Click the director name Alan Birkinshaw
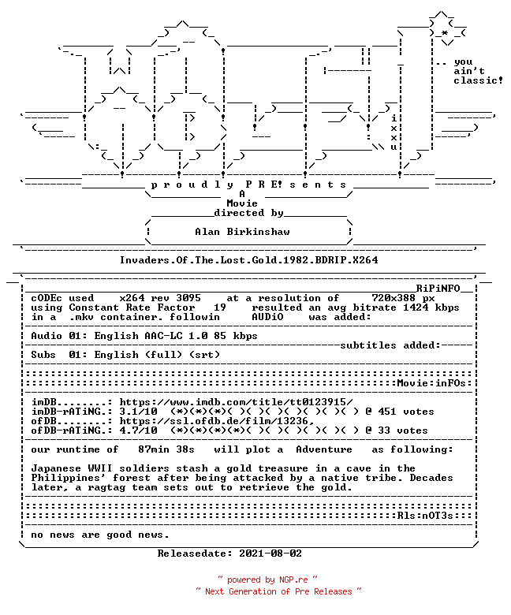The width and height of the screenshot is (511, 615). tap(242, 232)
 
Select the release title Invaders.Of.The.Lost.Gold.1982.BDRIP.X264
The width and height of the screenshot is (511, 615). tap(249, 260)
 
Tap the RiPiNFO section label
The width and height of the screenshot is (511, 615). tap(438, 289)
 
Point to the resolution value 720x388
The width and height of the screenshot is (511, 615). tap(394, 298)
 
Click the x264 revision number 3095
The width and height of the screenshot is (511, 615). tap(188, 298)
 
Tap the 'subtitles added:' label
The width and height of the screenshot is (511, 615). tap(390, 345)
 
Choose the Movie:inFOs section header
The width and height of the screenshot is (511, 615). tap(431, 383)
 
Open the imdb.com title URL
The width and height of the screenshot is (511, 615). tap(236, 402)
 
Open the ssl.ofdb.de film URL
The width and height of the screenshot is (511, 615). tap(217, 421)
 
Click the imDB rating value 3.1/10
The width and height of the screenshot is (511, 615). tap(139, 412)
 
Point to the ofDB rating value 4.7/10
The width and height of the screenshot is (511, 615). tap(139, 430)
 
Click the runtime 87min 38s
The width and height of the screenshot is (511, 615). tap(166, 449)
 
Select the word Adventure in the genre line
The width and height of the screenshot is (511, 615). tap(324, 449)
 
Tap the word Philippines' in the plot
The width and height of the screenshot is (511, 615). tap(69, 478)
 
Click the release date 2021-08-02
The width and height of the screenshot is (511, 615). tap(270, 553)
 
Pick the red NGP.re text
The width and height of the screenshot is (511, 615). tap(293, 580)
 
